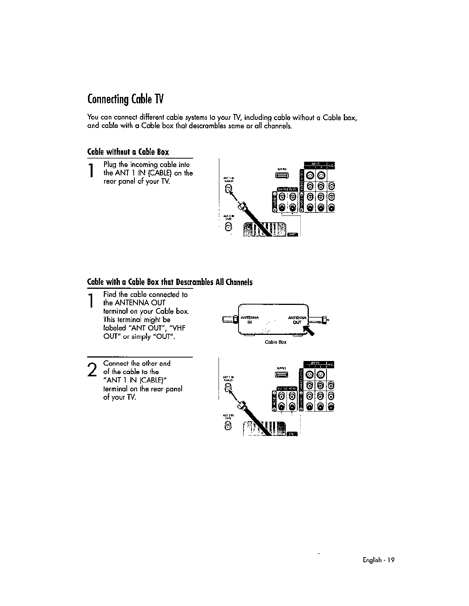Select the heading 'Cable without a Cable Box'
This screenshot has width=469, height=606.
click(x=128, y=152)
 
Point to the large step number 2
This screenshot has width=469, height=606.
click(x=91, y=369)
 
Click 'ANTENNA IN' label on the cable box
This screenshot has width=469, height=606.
click(x=250, y=320)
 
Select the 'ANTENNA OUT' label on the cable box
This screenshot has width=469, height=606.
click(x=297, y=320)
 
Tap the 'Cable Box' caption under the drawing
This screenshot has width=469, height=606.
click(x=275, y=342)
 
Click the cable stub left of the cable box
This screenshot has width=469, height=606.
click(x=229, y=319)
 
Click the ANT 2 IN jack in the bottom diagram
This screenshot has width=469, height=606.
click(x=228, y=426)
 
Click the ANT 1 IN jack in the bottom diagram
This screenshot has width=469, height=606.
click(x=228, y=388)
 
